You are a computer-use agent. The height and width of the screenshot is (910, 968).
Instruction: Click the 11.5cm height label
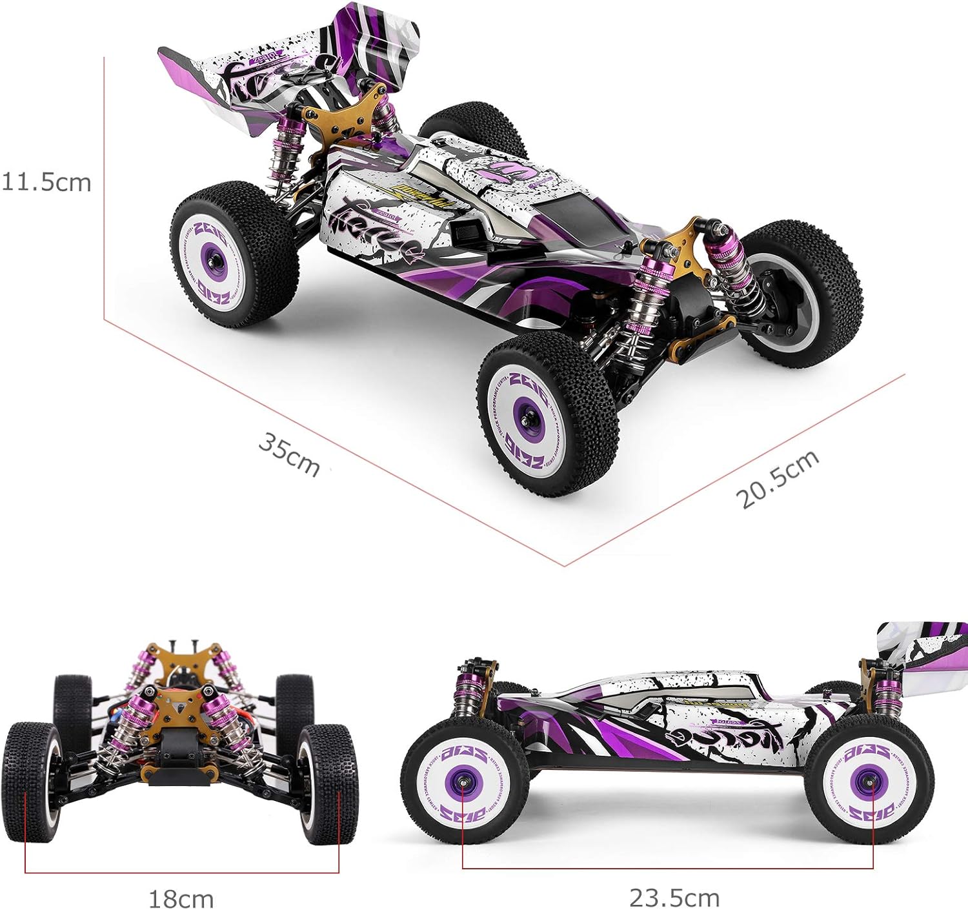[46, 182]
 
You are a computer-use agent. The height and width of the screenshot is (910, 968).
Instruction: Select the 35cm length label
[289, 454]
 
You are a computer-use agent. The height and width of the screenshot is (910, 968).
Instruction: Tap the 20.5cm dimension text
[778, 478]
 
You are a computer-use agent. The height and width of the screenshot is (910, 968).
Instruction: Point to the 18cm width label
[181, 898]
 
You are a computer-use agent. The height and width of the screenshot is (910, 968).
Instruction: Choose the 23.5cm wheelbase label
[674, 897]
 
